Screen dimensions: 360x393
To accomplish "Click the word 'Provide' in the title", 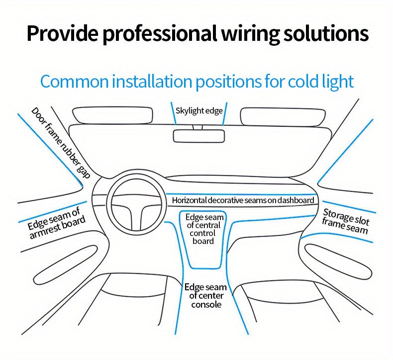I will pyautogui.click(x=61, y=33).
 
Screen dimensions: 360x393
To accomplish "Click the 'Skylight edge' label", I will pyautogui.click(x=199, y=111).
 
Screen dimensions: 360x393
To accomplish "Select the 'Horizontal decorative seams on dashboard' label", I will pyautogui.click(x=243, y=200).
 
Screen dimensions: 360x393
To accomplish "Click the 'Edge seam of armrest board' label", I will pyautogui.click(x=56, y=223).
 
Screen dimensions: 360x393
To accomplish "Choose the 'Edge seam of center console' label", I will pyautogui.click(x=205, y=296).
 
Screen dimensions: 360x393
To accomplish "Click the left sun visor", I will pyautogui.click(x=113, y=116).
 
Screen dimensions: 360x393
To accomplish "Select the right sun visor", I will pyautogui.click(x=283, y=116).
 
